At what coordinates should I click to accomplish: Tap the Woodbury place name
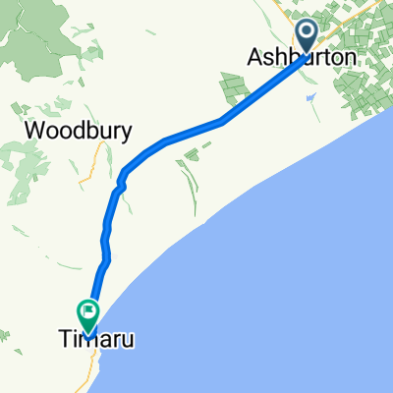[x=76, y=131]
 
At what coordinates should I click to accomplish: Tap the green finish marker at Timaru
[x=89, y=314]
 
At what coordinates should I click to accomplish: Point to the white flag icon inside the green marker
[x=89, y=313]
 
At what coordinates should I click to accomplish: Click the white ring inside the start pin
[x=307, y=34]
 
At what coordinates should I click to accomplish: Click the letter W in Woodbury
[x=31, y=131]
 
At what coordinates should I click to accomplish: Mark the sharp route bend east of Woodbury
[x=123, y=178]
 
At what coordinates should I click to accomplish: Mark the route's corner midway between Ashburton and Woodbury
[x=224, y=122]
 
